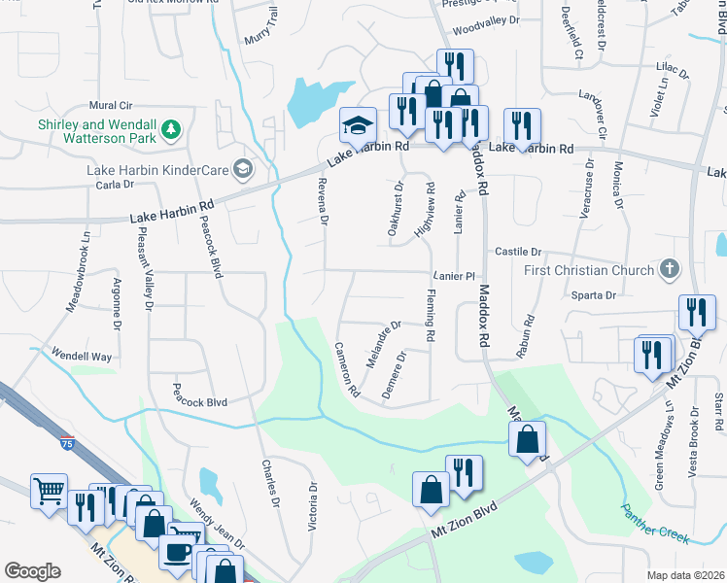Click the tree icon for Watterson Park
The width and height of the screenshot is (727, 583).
(171, 129)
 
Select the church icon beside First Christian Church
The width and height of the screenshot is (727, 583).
(669, 268)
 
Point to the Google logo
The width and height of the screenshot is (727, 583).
(32, 571)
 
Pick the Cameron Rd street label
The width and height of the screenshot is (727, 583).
(347, 370)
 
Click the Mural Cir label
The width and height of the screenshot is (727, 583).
(110, 105)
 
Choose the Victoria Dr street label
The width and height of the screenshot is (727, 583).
(312, 506)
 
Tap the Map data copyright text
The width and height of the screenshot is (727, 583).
(685, 575)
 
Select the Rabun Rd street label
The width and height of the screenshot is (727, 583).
(526, 336)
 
